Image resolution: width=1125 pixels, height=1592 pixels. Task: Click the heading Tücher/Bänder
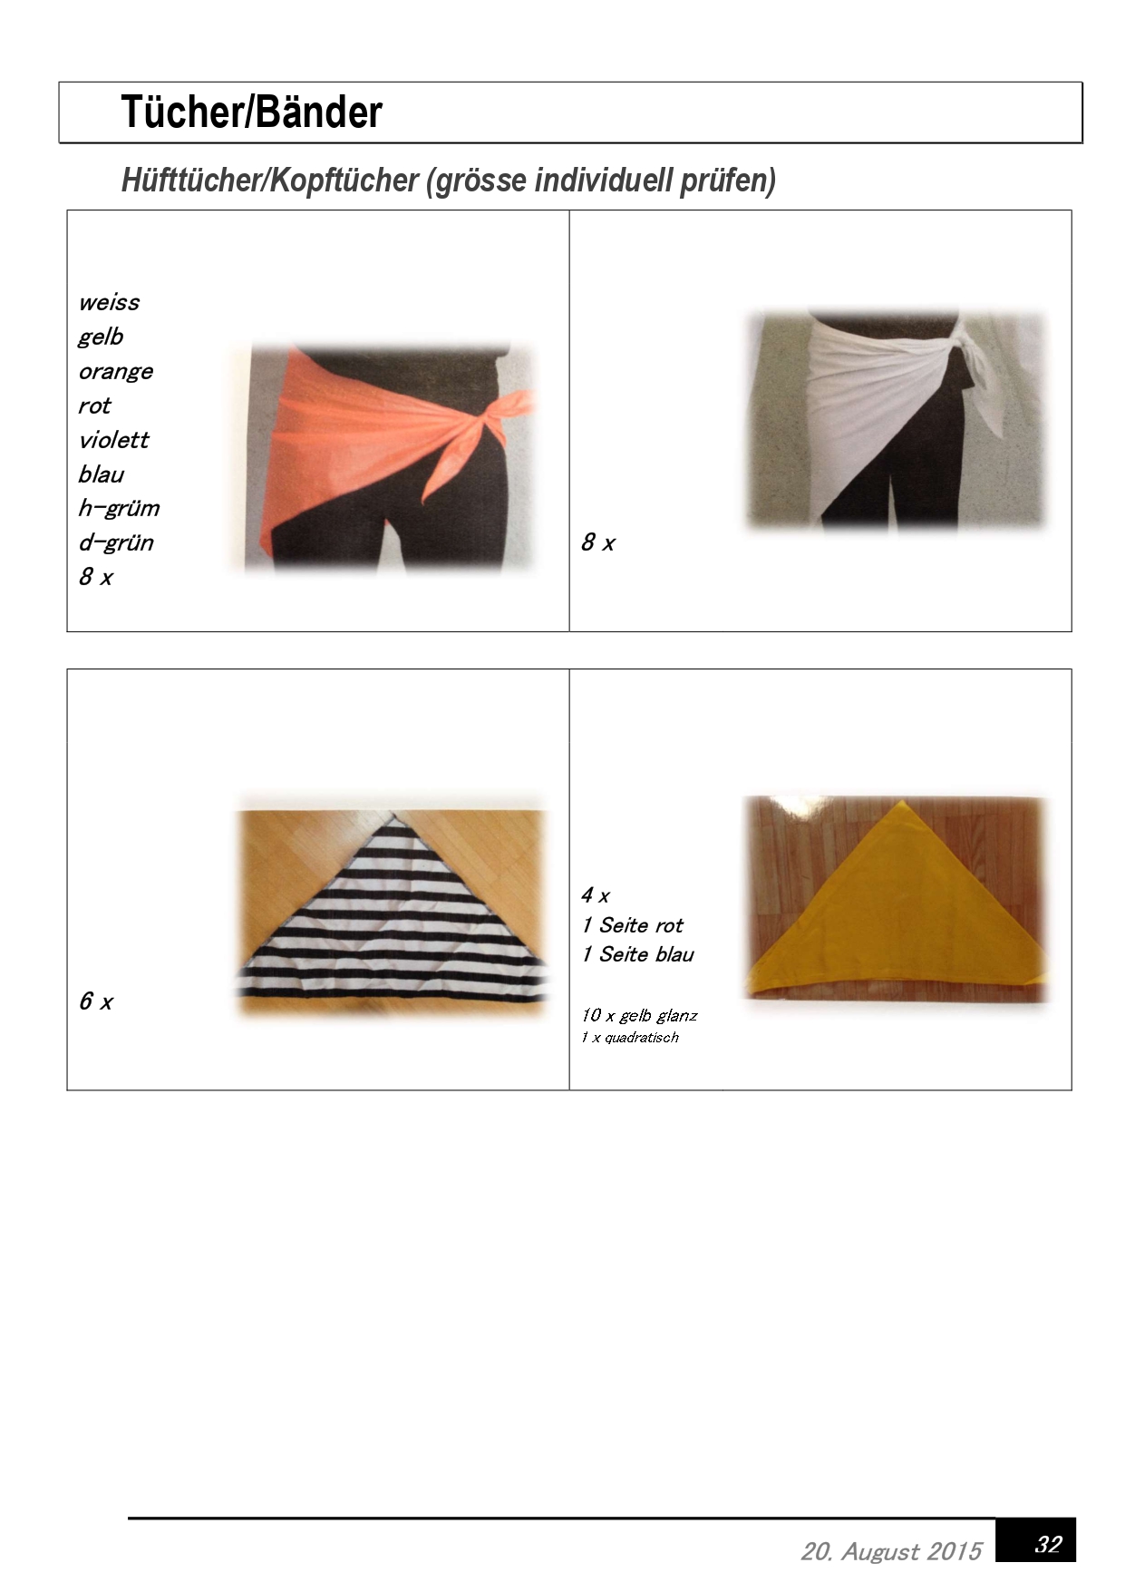[x=251, y=112]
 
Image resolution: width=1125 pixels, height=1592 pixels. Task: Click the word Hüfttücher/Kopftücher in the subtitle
[x=269, y=181]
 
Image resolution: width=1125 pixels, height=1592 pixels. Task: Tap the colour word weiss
[x=109, y=302]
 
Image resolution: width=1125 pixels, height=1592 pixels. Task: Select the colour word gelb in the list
[x=101, y=337]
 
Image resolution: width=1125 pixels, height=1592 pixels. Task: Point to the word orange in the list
[x=116, y=372]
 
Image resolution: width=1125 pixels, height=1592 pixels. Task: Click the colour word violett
[x=113, y=440]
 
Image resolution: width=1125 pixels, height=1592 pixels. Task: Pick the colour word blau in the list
[x=101, y=474]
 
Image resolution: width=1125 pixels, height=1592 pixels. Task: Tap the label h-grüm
[x=119, y=508]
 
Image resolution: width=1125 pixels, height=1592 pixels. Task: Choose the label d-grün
[x=116, y=542]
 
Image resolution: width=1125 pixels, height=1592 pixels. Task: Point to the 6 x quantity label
[x=95, y=1001]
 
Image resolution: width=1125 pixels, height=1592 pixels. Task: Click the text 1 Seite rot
[x=632, y=925]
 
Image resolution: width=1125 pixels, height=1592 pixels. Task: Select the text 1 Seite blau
[x=637, y=954]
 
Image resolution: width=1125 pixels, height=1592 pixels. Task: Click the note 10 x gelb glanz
[x=639, y=1016]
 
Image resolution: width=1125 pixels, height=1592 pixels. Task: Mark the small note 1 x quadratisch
[x=630, y=1038]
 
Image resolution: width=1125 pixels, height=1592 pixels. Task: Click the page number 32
[x=1047, y=1545]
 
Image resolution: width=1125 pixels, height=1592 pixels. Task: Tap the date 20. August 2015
[x=891, y=1552]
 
